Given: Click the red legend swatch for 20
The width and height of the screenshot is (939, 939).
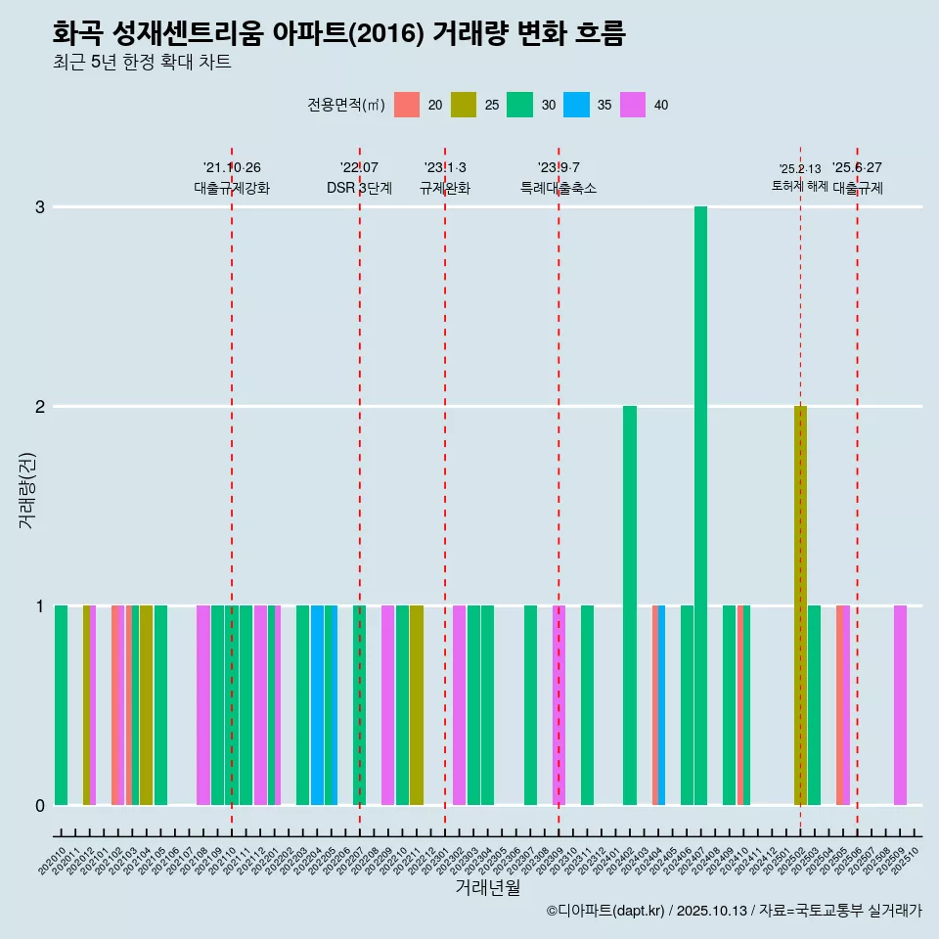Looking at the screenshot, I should pyautogui.click(x=407, y=105).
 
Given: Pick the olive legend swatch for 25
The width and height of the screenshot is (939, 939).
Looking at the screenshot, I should pyautogui.click(x=464, y=105).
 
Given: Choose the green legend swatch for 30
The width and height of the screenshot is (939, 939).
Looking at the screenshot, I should pyautogui.click(x=520, y=105).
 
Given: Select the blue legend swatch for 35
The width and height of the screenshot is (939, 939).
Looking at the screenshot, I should pyautogui.click(x=577, y=105).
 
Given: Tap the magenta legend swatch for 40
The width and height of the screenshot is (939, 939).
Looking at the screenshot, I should pyautogui.click(x=633, y=105).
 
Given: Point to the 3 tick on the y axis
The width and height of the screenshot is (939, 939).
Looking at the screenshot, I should pyautogui.click(x=40, y=207).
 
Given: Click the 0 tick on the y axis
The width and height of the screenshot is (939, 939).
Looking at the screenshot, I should pyautogui.click(x=40, y=805).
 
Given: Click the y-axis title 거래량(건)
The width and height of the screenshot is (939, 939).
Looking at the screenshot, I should pyautogui.click(x=27, y=490).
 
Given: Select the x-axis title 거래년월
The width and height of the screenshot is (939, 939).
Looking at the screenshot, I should pyautogui.click(x=487, y=887).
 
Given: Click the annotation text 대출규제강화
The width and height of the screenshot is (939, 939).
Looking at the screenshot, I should pyautogui.click(x=232, y=188).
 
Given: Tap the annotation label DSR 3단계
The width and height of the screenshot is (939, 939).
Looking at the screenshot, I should pyautogui.click(x=359, y=188).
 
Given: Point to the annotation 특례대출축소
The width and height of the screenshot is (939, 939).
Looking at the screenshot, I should pyautogui.click(x=559, y=188).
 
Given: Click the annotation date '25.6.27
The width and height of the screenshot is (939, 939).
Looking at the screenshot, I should pyautogui.click(x=857, y=167).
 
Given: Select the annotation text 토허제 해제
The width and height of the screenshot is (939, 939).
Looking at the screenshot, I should pyautogui.click(x=800, y=186).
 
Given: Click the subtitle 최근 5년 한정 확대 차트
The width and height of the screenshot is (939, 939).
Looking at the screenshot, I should pyautogui.click(x=142, y=63).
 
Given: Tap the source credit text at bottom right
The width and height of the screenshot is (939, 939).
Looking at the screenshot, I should pyautogui.click(x=734, y=911).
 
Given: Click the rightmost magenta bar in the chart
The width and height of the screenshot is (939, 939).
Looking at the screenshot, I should pyautogui.click(x=900, y=705).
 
